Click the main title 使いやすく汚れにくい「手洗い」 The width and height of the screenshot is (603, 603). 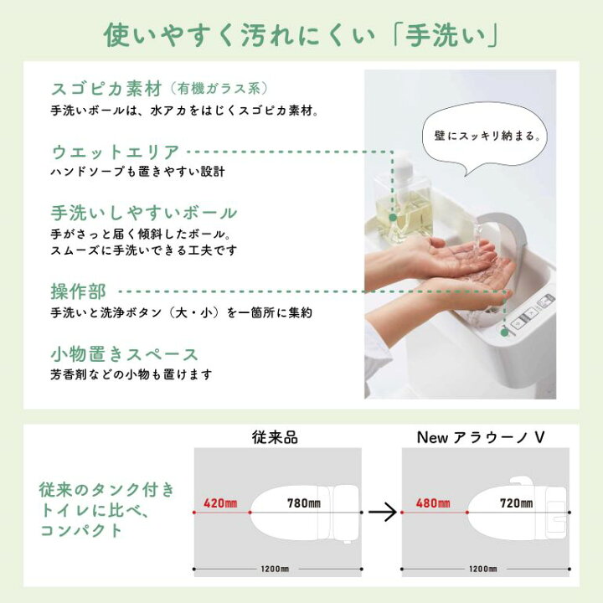[301, 35]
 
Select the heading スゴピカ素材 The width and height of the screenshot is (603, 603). [106, 89]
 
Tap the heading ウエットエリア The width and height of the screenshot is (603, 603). [116, 152]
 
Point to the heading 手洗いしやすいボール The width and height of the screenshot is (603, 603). [144, 213]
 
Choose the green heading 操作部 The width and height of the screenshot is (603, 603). [78, 291]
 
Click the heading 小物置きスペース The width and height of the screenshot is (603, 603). [124, 354]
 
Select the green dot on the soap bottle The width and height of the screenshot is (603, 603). [393, 217]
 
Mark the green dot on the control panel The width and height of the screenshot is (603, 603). [504, 332]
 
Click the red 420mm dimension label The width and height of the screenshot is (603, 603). [220, 503]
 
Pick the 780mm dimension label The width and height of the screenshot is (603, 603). [304, 503]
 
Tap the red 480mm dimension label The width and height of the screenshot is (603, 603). [433, 503]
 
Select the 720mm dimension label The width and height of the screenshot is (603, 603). [516, 503]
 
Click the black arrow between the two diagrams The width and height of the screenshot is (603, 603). [382, 512]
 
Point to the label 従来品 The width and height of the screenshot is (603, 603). [275, 438]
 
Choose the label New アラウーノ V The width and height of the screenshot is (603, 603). [481, 438]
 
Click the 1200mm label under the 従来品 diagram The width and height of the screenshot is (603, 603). [275, 569]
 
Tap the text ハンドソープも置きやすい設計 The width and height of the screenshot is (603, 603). [137, 172]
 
